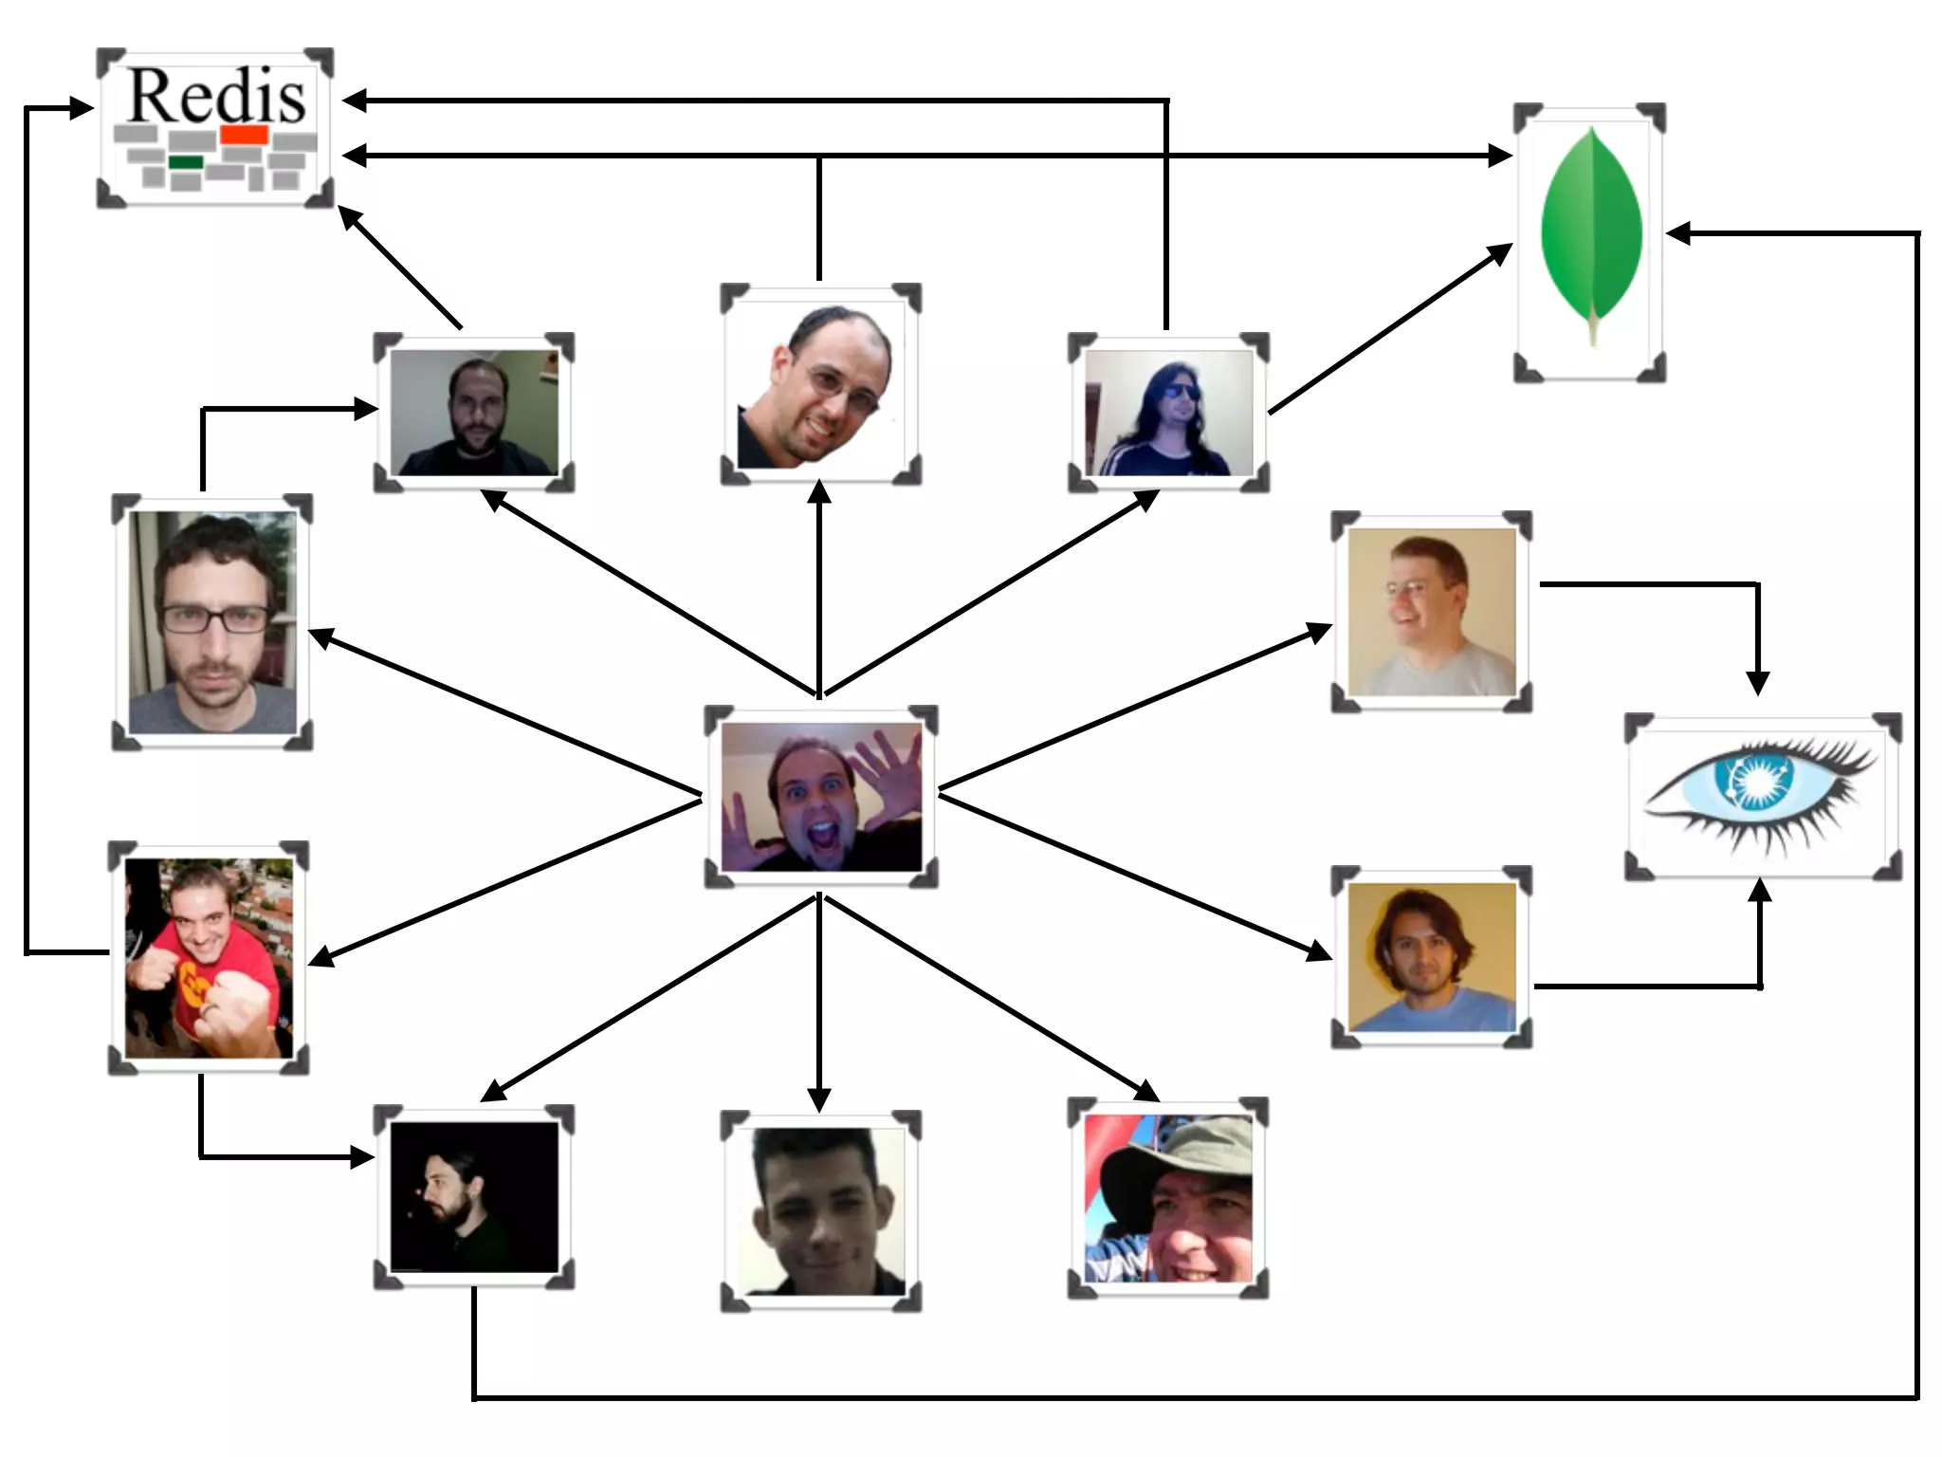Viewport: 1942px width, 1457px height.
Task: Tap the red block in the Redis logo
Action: coord(245,135)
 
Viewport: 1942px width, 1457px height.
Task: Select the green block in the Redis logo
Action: coord(186,162)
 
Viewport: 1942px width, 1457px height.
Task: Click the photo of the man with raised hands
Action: coord(821,797)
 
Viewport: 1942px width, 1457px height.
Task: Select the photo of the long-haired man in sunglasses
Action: coord(1168,414)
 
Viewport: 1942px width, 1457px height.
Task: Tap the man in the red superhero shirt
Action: coord(209,958)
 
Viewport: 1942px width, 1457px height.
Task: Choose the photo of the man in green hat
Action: coord(1168,1199)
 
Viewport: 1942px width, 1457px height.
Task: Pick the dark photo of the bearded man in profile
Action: coord(474,1197)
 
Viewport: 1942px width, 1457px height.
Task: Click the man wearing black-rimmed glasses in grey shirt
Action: coord(212,622)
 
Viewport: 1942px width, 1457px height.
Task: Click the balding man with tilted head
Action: coord(821,385)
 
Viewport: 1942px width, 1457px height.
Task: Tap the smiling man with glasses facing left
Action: coord(1432,612)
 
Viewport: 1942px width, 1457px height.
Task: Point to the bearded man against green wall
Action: coord(474,414)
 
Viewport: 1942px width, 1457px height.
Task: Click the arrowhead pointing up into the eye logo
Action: coord(1760,890)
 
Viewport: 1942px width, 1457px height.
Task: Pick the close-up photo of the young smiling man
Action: coord(821,1212)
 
